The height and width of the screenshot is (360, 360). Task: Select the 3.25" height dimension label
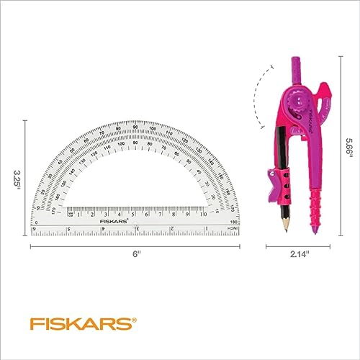(x=17, y=178)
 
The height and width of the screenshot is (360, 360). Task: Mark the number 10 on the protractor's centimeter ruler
(x=204, y=214)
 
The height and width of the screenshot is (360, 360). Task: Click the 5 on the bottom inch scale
(x=69, y=229)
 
